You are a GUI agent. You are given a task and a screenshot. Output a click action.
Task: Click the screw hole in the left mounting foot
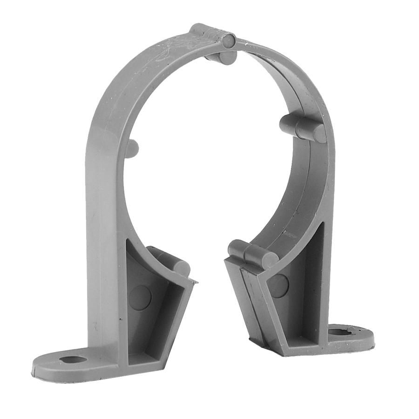click(x=73, y=359)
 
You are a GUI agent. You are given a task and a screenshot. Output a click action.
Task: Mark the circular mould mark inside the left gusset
click(x=140, y=297)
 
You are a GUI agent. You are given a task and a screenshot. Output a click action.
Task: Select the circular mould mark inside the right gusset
click(x=278, y=285)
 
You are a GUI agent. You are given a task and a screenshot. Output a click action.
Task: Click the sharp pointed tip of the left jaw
click(x=195, y=281)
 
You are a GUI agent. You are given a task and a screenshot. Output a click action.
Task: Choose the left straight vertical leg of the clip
click(x=100, y=233)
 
